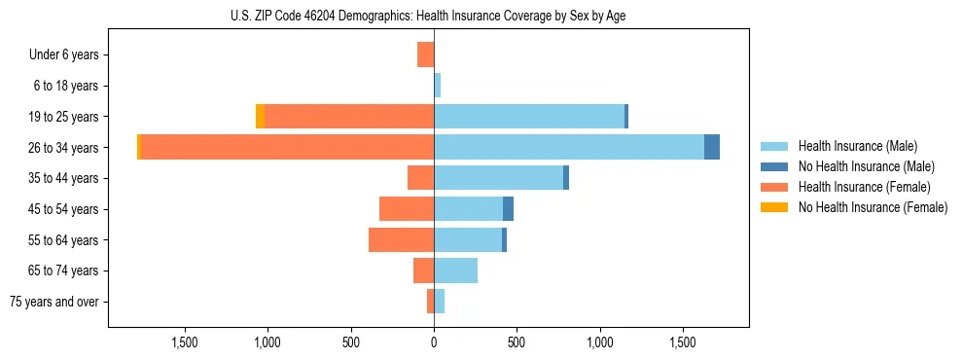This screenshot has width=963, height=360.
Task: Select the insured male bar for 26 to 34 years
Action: pos(569,147)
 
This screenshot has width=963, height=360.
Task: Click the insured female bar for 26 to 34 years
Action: pos(287,147)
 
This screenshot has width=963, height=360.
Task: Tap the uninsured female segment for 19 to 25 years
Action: pos(260,117)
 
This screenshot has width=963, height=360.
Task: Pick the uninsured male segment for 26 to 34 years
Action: pos(712,147)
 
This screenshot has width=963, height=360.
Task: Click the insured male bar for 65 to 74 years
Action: pos(455,270)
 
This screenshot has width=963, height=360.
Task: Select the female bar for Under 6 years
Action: pos(425,54)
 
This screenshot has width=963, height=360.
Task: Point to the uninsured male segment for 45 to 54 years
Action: pos(508,209)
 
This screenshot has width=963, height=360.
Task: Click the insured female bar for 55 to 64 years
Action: pos(401,239)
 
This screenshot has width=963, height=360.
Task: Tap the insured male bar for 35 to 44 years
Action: pos(498,178)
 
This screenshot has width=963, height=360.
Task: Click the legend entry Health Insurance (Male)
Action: pos(857,146)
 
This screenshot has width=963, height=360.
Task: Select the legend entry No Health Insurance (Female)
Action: pos(873,207)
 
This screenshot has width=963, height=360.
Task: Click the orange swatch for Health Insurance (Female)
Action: pos(775,187)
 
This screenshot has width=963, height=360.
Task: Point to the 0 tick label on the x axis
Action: pos(434,342)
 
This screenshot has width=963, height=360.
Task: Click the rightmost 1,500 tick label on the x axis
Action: pos(683,342)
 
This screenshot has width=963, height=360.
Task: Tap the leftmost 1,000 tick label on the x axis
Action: pos(267,342)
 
